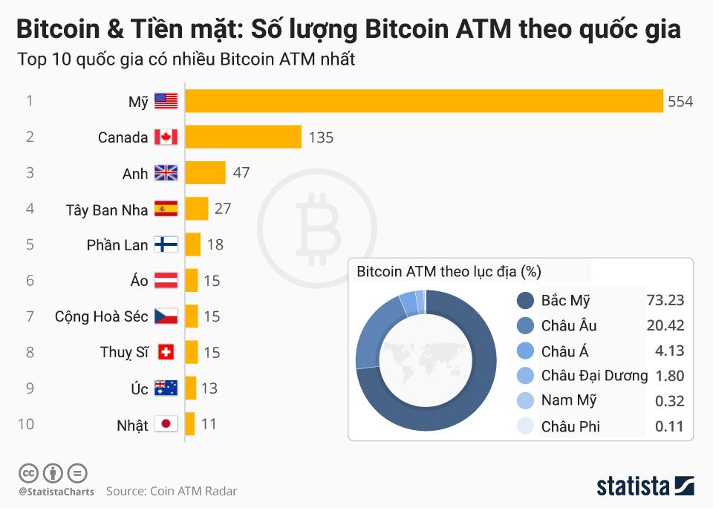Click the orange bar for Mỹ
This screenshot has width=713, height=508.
(423, 101)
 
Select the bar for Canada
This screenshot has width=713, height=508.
(243, 137)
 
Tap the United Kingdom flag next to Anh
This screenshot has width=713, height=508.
(166, 173)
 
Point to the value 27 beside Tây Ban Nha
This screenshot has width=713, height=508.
(223, 209)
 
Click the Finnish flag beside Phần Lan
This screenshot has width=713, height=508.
(166, 244)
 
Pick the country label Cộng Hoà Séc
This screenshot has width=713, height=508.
(102, 316)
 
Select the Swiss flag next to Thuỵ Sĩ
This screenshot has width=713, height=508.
(166, 352)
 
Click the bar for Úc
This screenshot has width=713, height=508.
(191, 388)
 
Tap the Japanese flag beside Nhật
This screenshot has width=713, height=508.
(166, 424)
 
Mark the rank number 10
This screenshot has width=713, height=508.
(26, 424)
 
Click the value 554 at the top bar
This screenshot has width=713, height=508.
(680, 102)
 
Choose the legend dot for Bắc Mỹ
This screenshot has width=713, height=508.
(525, 301)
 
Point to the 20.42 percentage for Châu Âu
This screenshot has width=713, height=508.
(665, 325)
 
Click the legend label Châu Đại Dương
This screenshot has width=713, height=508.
(594, 375)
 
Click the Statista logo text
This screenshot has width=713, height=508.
(633, 486)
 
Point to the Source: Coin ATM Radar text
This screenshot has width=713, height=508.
(172, 491)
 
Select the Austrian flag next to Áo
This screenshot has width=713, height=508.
(166, 281)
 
